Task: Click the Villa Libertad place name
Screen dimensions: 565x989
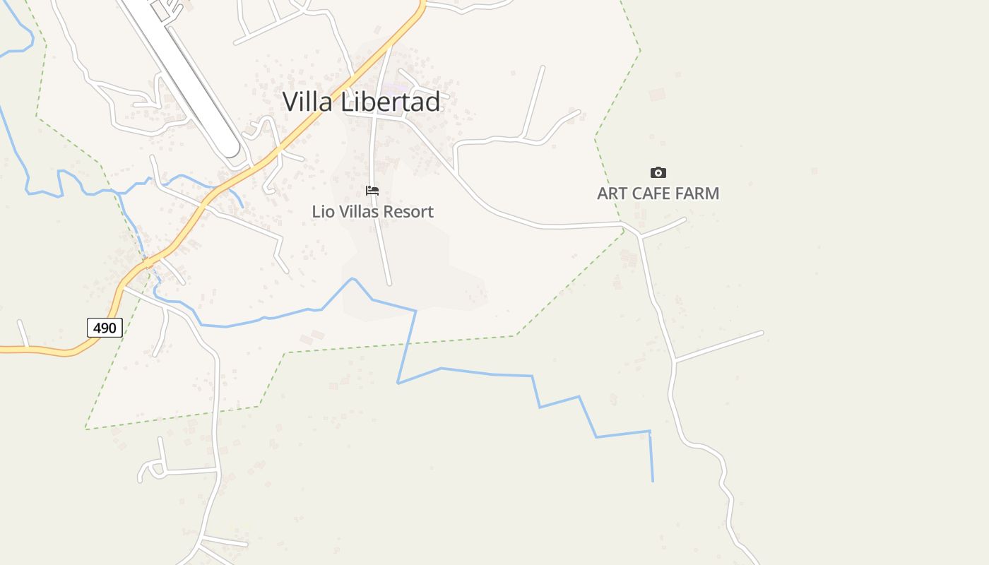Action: (x=361, y=102)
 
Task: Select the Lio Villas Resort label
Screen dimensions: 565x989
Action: (x=372, y=211)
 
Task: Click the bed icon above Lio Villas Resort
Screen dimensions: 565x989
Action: (x=372, y=191)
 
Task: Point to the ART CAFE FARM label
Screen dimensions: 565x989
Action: (x=658, y=194)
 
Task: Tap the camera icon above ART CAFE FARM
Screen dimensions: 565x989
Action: (x=658, y=172)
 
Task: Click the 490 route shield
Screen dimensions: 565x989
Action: (x=105, y=328)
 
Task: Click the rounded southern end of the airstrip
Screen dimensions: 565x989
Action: (x=229, y=150)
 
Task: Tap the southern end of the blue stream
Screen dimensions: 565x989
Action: (x=653, y=481)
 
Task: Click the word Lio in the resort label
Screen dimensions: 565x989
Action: (x=322, y=211)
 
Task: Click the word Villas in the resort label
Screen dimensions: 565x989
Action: (x=355, y=211)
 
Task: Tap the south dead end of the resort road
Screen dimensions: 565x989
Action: (x=389, y=284)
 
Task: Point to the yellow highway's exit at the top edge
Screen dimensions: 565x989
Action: (x=422, y=2)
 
